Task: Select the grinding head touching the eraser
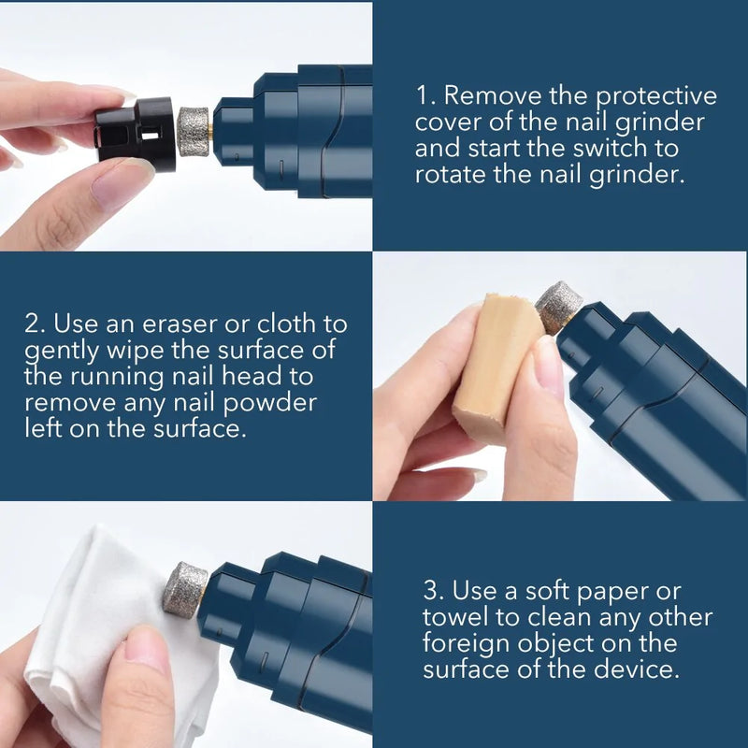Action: point(557,307)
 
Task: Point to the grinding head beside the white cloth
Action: point(185,589)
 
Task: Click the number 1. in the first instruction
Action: point(425,96)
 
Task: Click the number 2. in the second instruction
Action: point(36,324)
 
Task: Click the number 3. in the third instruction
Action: point(433,591)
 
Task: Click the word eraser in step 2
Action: point(176,324)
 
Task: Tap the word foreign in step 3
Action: point(470,643)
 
